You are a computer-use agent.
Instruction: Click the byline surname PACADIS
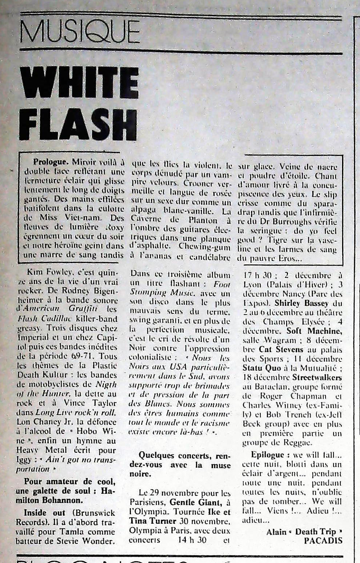(x=323, y=541)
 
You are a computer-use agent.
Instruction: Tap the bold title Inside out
(x=44, y=513)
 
